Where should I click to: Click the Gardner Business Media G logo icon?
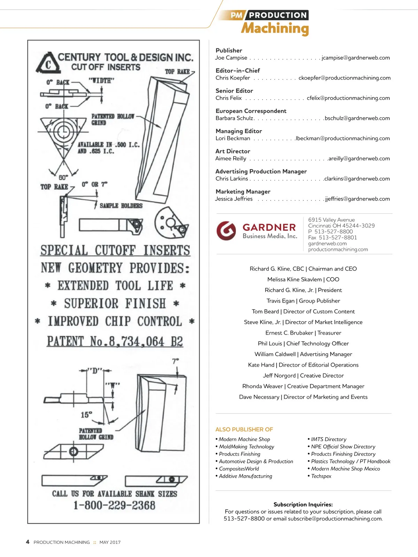tap(226, 231)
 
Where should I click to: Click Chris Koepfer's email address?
tap(344, 78)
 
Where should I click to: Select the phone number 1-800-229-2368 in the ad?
tap(114, 505)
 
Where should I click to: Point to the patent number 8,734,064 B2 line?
tap(115, 342)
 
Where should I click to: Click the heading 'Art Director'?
tap(233, 151)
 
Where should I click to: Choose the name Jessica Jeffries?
tap(234, 199)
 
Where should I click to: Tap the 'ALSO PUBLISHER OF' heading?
tap(244, 429)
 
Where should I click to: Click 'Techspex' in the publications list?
tap(321, 476)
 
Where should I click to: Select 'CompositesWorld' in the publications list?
tap(239, 469)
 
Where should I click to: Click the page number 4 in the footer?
tap(28, 542)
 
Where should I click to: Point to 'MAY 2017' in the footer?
tap(110, 542)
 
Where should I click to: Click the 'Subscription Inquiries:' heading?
tap(303, 504)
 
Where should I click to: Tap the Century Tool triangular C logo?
tap(47, 63)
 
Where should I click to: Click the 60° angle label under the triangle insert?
tap(63, 177)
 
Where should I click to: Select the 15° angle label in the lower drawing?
tap(86, 415)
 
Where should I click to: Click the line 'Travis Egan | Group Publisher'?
tap(303, 301)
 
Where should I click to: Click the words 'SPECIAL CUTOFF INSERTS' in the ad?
tap(115, 250)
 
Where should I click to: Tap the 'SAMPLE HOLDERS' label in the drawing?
tap(121, 206)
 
